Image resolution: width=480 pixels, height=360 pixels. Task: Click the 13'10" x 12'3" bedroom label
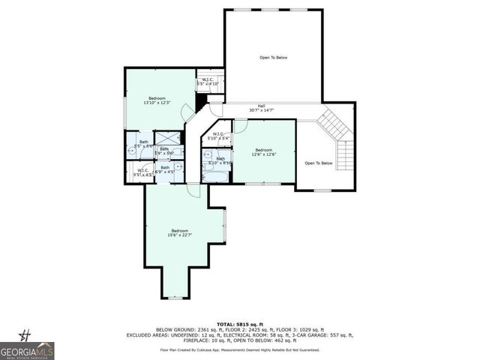(x=157, y=100)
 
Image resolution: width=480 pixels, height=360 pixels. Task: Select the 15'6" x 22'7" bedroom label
(x=180, y=232)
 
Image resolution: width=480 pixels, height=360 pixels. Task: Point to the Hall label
(x=261, y=108)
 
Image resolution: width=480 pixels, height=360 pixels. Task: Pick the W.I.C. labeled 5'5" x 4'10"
(x=209, y=82)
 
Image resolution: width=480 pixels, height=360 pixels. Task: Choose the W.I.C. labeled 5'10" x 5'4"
(x=220, y=136)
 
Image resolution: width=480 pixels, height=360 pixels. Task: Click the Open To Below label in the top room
(x=273, y=58)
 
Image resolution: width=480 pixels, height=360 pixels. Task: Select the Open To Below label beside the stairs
(x=318, y=163)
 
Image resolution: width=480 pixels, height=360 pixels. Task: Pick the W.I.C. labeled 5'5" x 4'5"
(x=142, y=172)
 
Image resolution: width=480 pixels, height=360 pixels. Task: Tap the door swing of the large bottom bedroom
(x=194, y=190)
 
